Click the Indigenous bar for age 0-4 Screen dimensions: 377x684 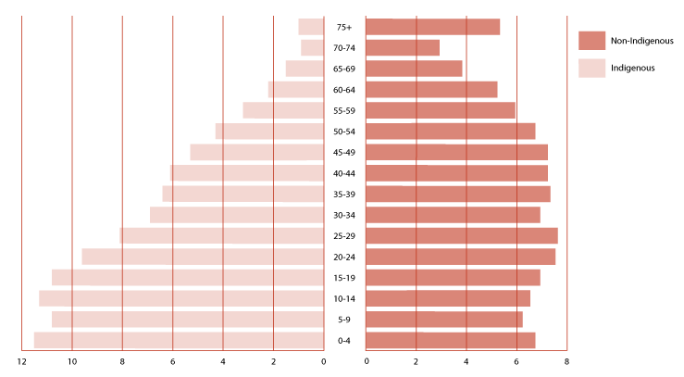tap(179, 340)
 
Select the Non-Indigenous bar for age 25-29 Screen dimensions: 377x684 tap(462, 235)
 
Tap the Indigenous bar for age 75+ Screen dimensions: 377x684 tap(311, 27)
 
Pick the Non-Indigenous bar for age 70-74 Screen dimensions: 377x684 tap(403, 47)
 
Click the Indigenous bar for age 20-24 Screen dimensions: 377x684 tap(203, 257)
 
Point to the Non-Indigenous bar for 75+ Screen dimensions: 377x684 tap(433, 27)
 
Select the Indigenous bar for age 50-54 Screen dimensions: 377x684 tap(269, 132)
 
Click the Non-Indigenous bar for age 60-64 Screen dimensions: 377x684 tap(431, 90)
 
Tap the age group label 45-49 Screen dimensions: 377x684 tap(344, 153)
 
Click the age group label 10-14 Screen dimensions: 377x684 tap(344, 298)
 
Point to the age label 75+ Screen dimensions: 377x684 tap(344, 28)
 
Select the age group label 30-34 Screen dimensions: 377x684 tap(344, 215)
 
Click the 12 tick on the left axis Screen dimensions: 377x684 tap(21, 361)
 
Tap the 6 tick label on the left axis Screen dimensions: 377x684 tap(172, 361)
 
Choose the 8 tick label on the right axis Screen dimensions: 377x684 tap(566, 361)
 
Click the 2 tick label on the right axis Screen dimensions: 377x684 tap(417, 361)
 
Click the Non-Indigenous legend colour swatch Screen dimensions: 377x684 tap(591, 40)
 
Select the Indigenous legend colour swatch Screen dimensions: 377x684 tap(591, 68)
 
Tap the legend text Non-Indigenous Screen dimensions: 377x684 tap(641, 41)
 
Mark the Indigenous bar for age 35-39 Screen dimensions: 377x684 tap(243, 194)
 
